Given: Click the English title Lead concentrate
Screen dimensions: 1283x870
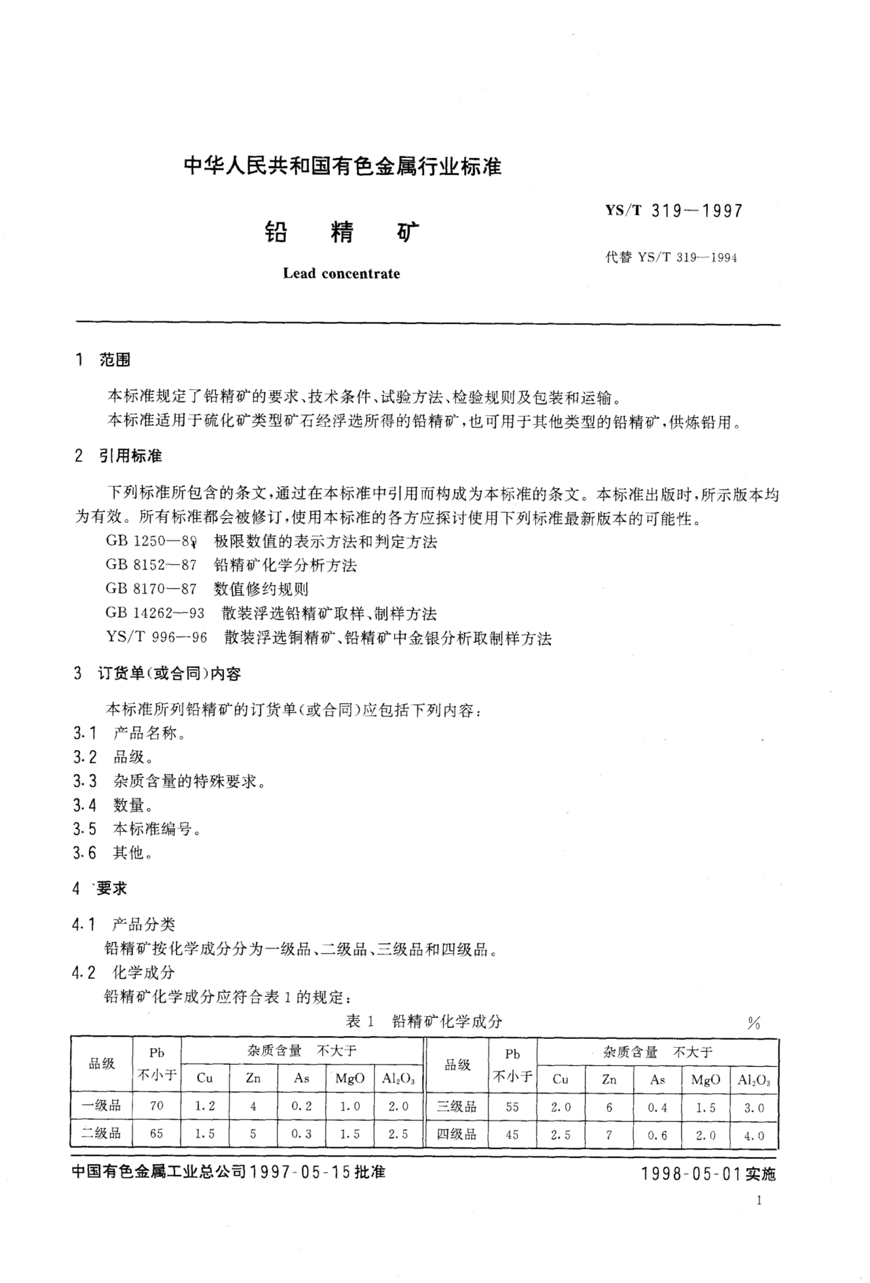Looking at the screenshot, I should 341,273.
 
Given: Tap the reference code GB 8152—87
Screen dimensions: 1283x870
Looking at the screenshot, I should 151,565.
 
